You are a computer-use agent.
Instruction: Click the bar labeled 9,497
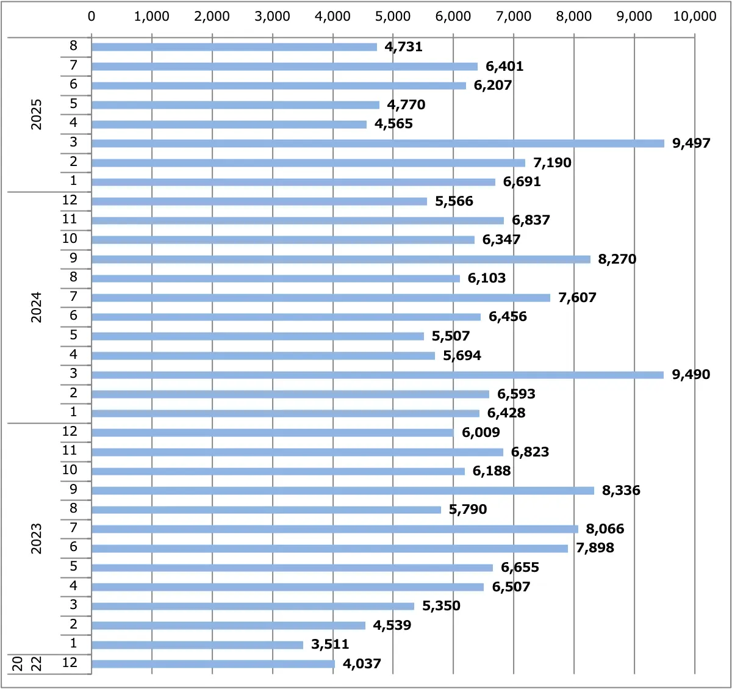point(378,143)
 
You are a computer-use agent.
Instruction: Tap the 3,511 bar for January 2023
point(197,645)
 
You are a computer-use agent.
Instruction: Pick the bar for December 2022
point(213,664)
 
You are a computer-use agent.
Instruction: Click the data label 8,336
point(621,490)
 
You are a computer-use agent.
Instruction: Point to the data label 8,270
point(617,259)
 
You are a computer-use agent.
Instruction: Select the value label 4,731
point(403,46)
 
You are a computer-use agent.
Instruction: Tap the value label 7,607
point(577,297)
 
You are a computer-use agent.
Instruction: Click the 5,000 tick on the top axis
point(393,16)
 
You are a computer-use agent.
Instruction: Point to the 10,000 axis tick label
point(694,16)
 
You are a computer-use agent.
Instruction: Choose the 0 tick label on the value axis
point(91,16)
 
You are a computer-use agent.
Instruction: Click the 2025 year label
point(37,114)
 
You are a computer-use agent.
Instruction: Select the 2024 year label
point(37,307)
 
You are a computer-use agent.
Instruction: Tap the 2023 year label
point(37,538)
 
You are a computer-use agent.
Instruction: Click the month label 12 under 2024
point(70,200)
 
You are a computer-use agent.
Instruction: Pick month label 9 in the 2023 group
point(73,489)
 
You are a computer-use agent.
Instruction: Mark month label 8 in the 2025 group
point(73,45)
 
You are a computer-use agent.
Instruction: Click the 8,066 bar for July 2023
point(334,529)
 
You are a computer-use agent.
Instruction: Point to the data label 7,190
point(552,162)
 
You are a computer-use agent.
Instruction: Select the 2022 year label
point(27,663)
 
